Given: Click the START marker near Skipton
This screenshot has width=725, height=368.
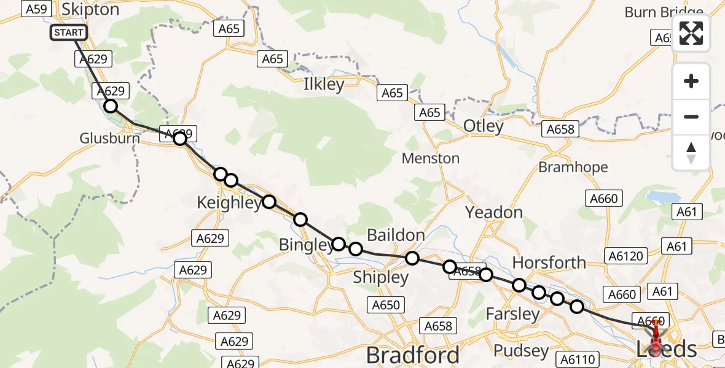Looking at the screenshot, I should pos(69,33).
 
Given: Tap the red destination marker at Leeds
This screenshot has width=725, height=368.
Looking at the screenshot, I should pos(655,343).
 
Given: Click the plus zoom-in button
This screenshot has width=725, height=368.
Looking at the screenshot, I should pos(691,82).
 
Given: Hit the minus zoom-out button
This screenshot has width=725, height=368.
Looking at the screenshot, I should pos(691,117).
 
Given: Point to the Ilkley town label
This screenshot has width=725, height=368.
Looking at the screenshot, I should pos(324,85).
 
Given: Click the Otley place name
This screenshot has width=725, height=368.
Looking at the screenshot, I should pos(484,126).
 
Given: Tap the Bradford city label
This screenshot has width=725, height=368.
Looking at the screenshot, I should pos(412,355).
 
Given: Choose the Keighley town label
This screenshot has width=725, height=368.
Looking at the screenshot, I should pos(229,203).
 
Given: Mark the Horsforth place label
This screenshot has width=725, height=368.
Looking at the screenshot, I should pos(549,263).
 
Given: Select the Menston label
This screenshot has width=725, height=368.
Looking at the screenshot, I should pos(430,158).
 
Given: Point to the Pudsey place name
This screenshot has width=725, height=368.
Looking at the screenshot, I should pos(521,351).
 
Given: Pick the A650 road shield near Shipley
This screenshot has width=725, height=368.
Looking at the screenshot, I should pos(385,305).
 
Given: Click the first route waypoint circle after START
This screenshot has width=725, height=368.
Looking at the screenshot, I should pos(110,106).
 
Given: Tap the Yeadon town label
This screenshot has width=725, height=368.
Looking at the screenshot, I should pos(493,213).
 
